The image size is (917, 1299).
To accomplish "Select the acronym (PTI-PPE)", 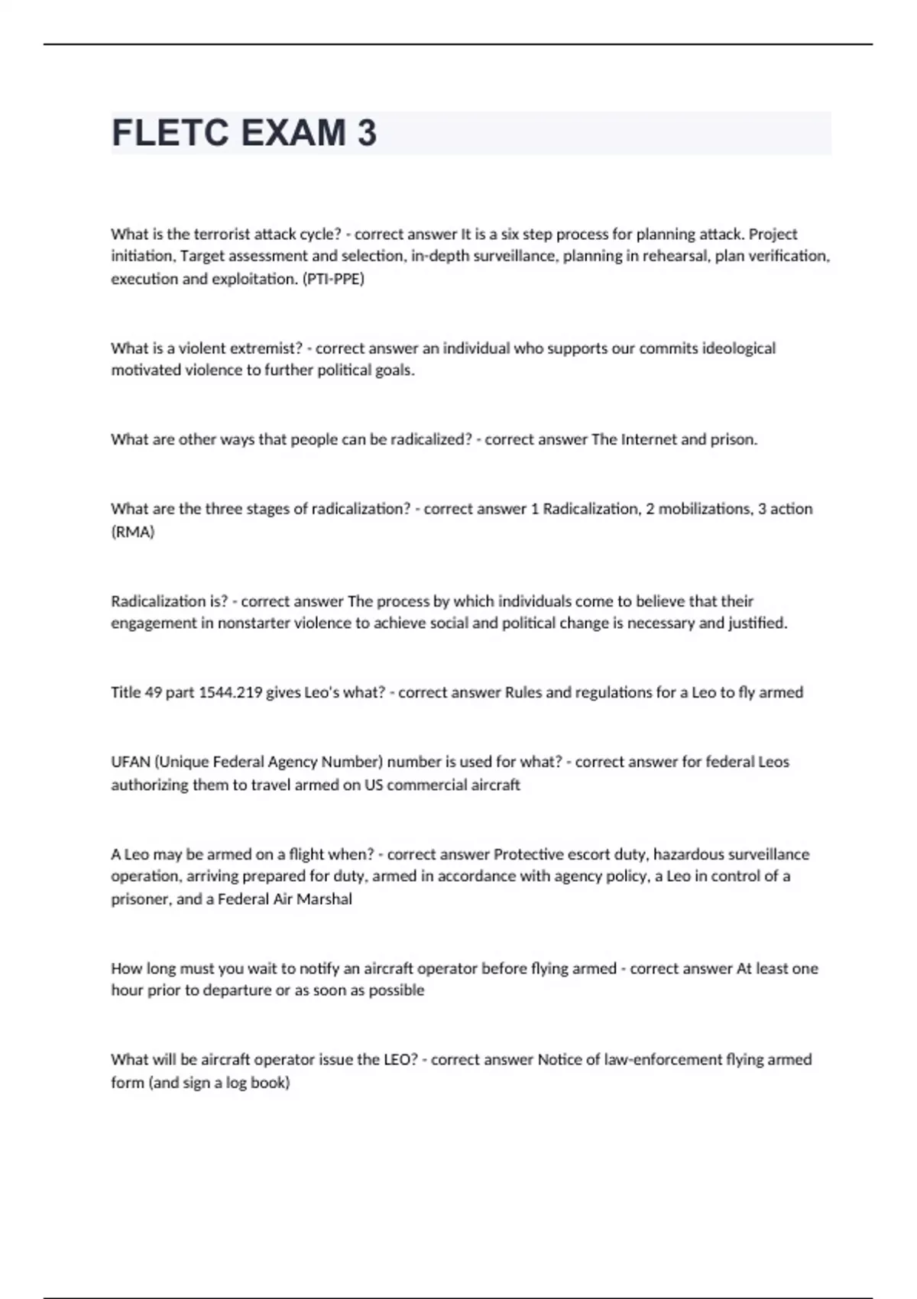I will click(334, 279).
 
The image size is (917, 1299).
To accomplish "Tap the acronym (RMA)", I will click(133, 532).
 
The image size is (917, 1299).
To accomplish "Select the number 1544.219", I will click(229, 692).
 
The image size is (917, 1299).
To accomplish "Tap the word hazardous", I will click(689, 854).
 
